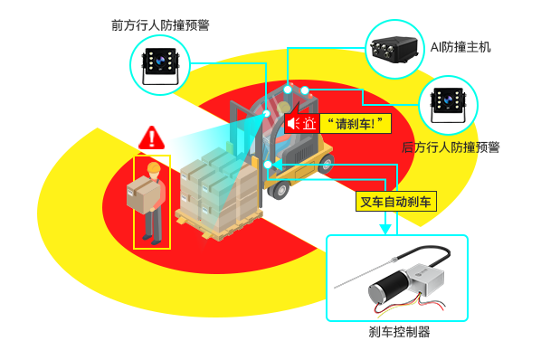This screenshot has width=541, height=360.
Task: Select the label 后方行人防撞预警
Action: point(450,147)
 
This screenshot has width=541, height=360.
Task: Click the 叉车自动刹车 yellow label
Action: point(396,202)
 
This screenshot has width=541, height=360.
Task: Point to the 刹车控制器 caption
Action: point(399,332)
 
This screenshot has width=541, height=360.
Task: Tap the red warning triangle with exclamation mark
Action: point(152,138)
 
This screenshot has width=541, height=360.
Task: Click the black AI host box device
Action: point(395,45)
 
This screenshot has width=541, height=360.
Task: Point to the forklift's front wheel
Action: point(280,190)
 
